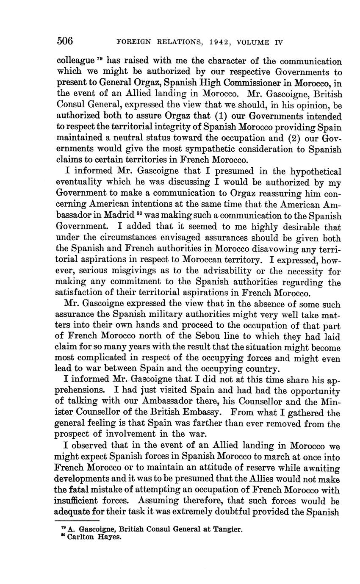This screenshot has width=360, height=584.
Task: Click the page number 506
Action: pyautogui.click(x=65, y=41)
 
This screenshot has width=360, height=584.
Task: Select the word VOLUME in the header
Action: pyautogui.click(x=254, y=42)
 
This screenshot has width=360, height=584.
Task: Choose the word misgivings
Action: pyautogui.click(x=138, y=271)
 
